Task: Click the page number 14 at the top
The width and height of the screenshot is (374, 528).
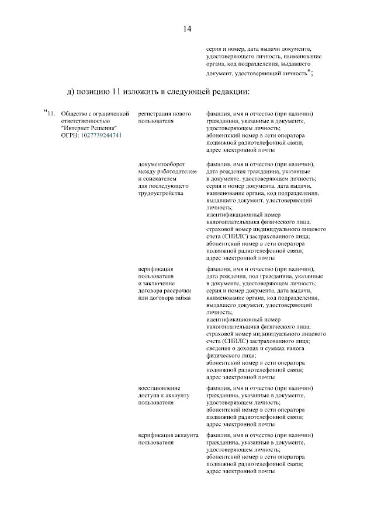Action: tap(187, 29)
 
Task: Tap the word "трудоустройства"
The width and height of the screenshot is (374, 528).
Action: tap(161, 193)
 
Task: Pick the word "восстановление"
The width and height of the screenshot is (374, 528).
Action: tap(159, 388)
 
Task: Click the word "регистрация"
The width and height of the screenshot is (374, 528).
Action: tap(155, 113)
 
